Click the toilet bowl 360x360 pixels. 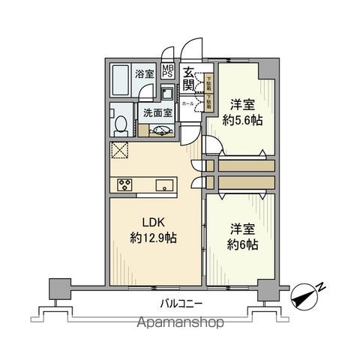click(119, 122)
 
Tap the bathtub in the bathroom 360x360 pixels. click(120, 78)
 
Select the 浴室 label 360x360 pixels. click(144, 74)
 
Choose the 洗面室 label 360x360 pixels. click(157, 113)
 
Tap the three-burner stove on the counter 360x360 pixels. click(124, 184)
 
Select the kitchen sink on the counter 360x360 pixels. click(164, 184)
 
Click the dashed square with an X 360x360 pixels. click(120, 151)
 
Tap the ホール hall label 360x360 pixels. click(187, 103)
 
